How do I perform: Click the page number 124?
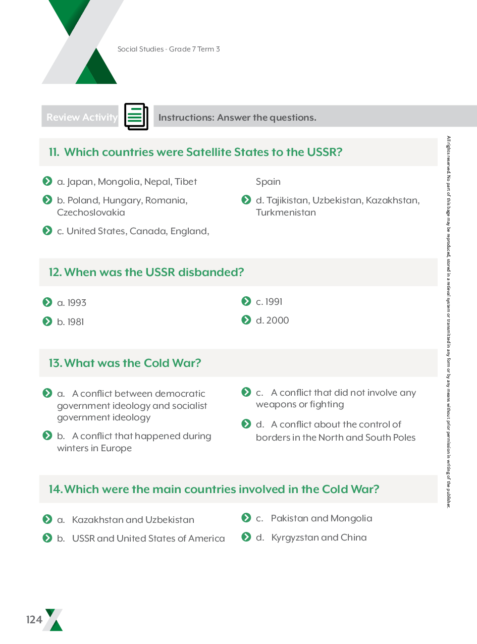[34, 620]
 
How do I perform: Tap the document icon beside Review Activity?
[136, 117]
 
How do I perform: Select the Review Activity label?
[81, 117]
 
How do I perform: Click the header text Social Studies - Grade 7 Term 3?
[169, 49]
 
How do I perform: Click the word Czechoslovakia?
[91, 212]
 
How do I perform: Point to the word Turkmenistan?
[286, 212]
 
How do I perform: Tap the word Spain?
[268, 182]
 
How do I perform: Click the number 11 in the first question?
[54, 152]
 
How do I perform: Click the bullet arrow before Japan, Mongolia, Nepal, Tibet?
[47, 181]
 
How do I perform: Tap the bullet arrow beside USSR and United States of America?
[47, 538]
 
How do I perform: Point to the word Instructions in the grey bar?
[186, 118]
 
